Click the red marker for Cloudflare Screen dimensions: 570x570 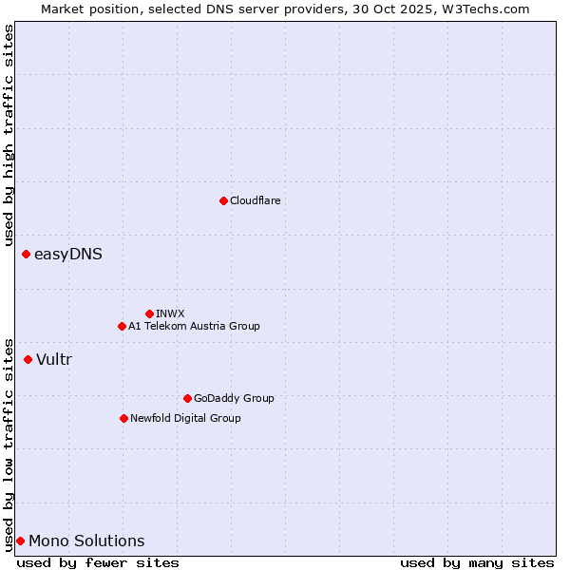point(223,200)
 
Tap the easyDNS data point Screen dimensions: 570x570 point(26,254)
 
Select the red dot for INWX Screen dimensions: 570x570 point(149,313)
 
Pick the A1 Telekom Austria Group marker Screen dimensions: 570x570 point(122,326)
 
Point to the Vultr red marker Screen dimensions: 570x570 point(28,359)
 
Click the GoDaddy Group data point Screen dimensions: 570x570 point(187,398)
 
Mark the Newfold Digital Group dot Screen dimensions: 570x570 point(123,418)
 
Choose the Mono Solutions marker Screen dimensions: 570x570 point(20,541)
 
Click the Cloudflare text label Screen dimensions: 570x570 point(255,200)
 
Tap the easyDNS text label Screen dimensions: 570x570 point(68,254)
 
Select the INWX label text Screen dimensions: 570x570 point(170,313)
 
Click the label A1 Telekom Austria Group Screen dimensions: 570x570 point(194,326)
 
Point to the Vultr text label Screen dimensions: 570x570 point(54,359)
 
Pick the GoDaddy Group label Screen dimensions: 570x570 point(234,398)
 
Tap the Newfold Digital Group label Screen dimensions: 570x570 point(185,418)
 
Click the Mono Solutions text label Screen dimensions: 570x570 point(86,541)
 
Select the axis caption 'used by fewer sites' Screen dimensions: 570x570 point(98,562)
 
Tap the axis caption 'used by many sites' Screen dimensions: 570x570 point(477,562)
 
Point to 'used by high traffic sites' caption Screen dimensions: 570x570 point(9,135)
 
